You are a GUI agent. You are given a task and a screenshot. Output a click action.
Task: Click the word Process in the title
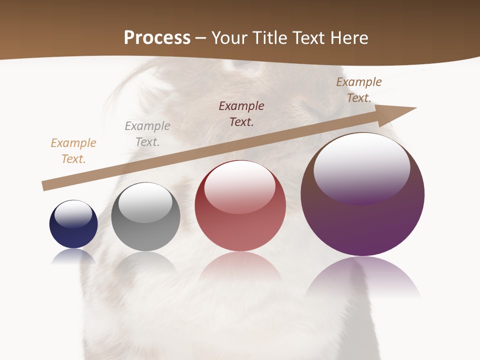157,38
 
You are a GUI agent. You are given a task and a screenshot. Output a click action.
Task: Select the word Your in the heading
229,38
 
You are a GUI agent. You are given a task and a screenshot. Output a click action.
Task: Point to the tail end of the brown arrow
44,186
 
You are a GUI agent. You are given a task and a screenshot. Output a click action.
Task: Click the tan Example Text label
73,150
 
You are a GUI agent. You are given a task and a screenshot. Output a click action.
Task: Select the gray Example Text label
147,133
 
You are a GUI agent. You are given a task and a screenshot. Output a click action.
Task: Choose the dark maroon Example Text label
241,113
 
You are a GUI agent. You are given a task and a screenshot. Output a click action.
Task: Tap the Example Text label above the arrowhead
359,89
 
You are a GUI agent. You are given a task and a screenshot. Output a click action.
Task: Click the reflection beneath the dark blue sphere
73,256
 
